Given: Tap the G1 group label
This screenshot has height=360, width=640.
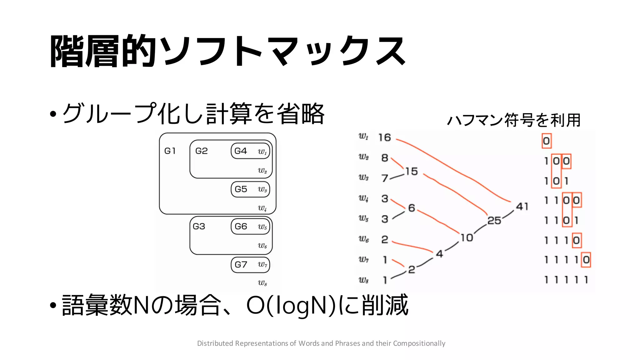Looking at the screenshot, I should [x=170, y=151].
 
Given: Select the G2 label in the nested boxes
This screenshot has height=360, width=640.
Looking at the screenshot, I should [x=202, y=151].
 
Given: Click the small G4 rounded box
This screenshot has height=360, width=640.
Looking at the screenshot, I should [x=250, y=151].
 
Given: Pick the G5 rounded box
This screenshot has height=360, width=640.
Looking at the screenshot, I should [x=250, y=189].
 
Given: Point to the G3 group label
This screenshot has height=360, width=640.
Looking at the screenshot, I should [x=199, y=226].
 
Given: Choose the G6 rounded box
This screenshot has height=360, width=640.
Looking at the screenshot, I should [x=250, y=227].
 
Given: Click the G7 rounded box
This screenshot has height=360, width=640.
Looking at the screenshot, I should [x=250, y=265].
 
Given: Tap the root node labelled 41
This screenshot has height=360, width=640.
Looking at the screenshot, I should [x=522, y=207].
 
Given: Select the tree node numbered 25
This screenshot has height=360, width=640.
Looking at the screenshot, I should [x=494, y=221].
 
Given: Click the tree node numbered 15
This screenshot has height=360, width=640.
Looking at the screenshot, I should [x=411, y=171].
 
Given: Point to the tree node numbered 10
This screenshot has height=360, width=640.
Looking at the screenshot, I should [x=467, y=238].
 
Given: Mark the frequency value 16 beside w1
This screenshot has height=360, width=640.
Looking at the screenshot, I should [x=384, y=137].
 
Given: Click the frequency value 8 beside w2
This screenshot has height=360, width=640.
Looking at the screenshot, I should [x=385, y=158].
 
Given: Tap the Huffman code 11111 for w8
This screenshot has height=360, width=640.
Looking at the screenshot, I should [x=566, y=280].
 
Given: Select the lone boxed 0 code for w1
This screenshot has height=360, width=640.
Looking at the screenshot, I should [x=546, y=141].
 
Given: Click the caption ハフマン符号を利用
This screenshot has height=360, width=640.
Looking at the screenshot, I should [x=514, y=120].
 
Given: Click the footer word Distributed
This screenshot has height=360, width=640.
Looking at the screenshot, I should [x=215, y=343].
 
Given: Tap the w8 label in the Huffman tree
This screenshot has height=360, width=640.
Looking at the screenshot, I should [x=363, y=280].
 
